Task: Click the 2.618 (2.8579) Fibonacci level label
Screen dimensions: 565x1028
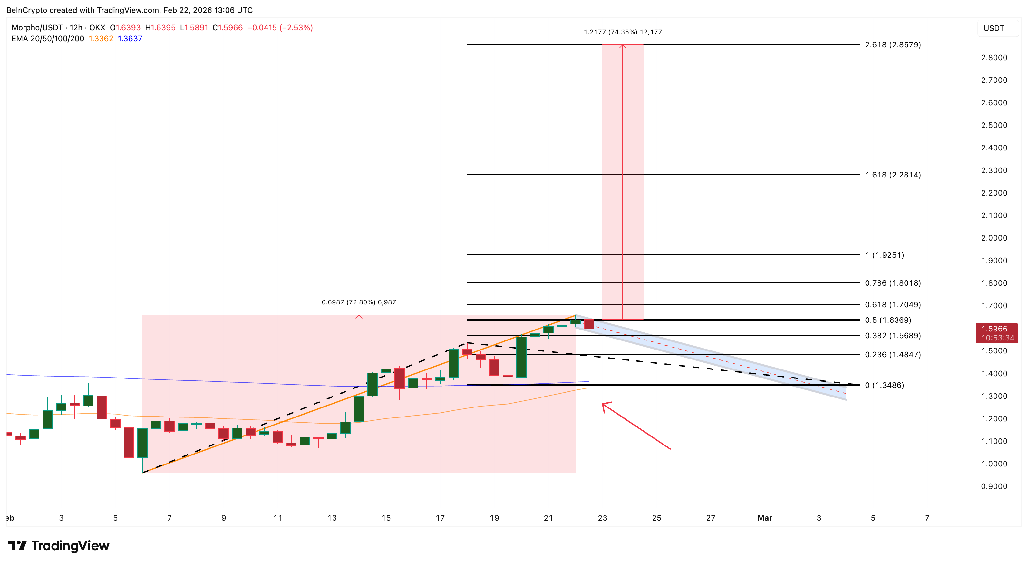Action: (893, 45)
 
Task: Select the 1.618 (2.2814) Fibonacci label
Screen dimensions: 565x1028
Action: (893, 175)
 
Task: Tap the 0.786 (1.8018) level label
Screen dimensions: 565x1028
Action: (893, 283)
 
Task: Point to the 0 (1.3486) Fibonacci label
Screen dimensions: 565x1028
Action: (884, 385)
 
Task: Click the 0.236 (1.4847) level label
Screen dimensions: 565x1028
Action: (893, 354)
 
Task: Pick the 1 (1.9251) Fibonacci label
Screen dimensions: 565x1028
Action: (884, 255)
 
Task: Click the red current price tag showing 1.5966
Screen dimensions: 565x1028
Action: (996, 333)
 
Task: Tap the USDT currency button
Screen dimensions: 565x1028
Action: (994, 28)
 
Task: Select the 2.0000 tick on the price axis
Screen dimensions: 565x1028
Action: (994, 238)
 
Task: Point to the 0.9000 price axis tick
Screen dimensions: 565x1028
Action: (994, 486)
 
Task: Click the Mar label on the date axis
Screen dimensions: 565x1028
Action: (765, 518)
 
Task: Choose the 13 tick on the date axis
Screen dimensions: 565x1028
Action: (332, 518)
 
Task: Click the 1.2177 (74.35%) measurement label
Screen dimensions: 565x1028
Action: (623, 32)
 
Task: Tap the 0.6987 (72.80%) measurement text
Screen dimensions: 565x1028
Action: (359, 302)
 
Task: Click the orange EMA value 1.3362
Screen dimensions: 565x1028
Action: (101, 39)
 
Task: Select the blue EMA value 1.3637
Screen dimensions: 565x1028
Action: (130, 39)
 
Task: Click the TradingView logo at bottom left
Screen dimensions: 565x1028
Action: (59, 545)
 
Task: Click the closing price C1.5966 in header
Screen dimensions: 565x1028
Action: (228, 27)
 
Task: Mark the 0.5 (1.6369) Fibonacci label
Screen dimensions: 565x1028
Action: (888, 320)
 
